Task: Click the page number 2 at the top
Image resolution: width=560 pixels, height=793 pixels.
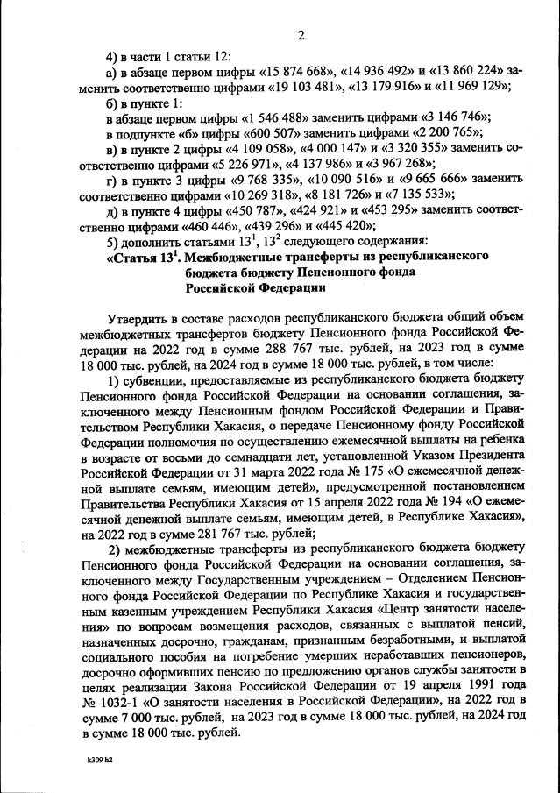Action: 301,35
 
